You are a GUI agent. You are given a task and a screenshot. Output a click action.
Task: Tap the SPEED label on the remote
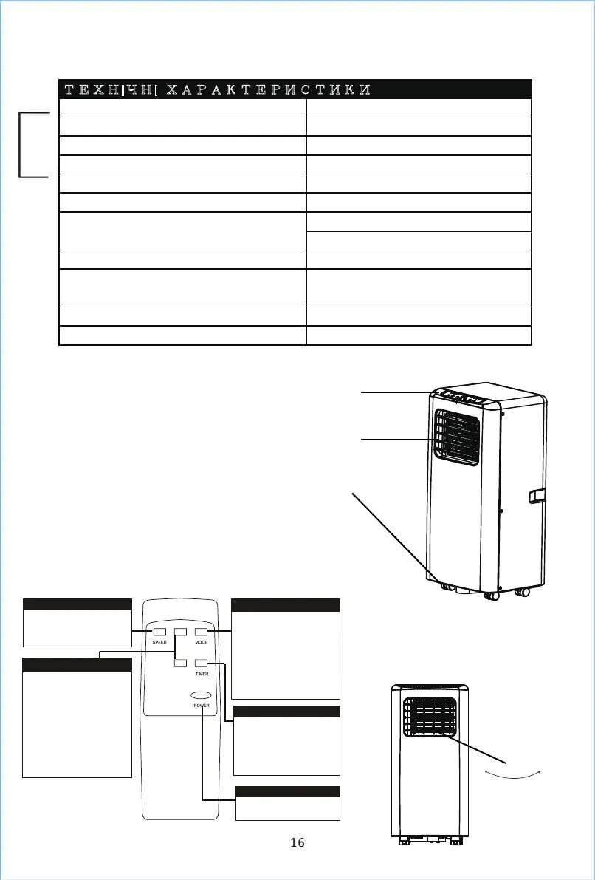[x=159, y=643]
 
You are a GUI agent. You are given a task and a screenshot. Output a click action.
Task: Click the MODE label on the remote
[x=201, y=643]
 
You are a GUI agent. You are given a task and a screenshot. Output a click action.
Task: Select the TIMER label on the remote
[x=201, y=674]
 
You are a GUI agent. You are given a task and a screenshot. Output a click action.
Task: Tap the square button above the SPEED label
[x=159, y=632]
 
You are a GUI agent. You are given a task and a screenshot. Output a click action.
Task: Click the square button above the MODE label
[x=201, y=632]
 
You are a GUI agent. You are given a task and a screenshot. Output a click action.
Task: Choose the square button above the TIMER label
[x=201, y=664]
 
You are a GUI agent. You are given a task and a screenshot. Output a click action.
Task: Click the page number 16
[x=297, y=842]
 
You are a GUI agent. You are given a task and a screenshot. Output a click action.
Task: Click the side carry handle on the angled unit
[x=537, y=495]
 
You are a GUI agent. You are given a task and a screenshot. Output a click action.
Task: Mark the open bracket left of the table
[x=30, y=145]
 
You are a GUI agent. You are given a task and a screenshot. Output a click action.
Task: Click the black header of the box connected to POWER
[x=288, y=792]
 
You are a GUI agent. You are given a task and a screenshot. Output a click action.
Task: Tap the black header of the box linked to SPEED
[x=78, y=604]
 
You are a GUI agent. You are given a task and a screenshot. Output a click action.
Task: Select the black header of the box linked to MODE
[x=286, y=604]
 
